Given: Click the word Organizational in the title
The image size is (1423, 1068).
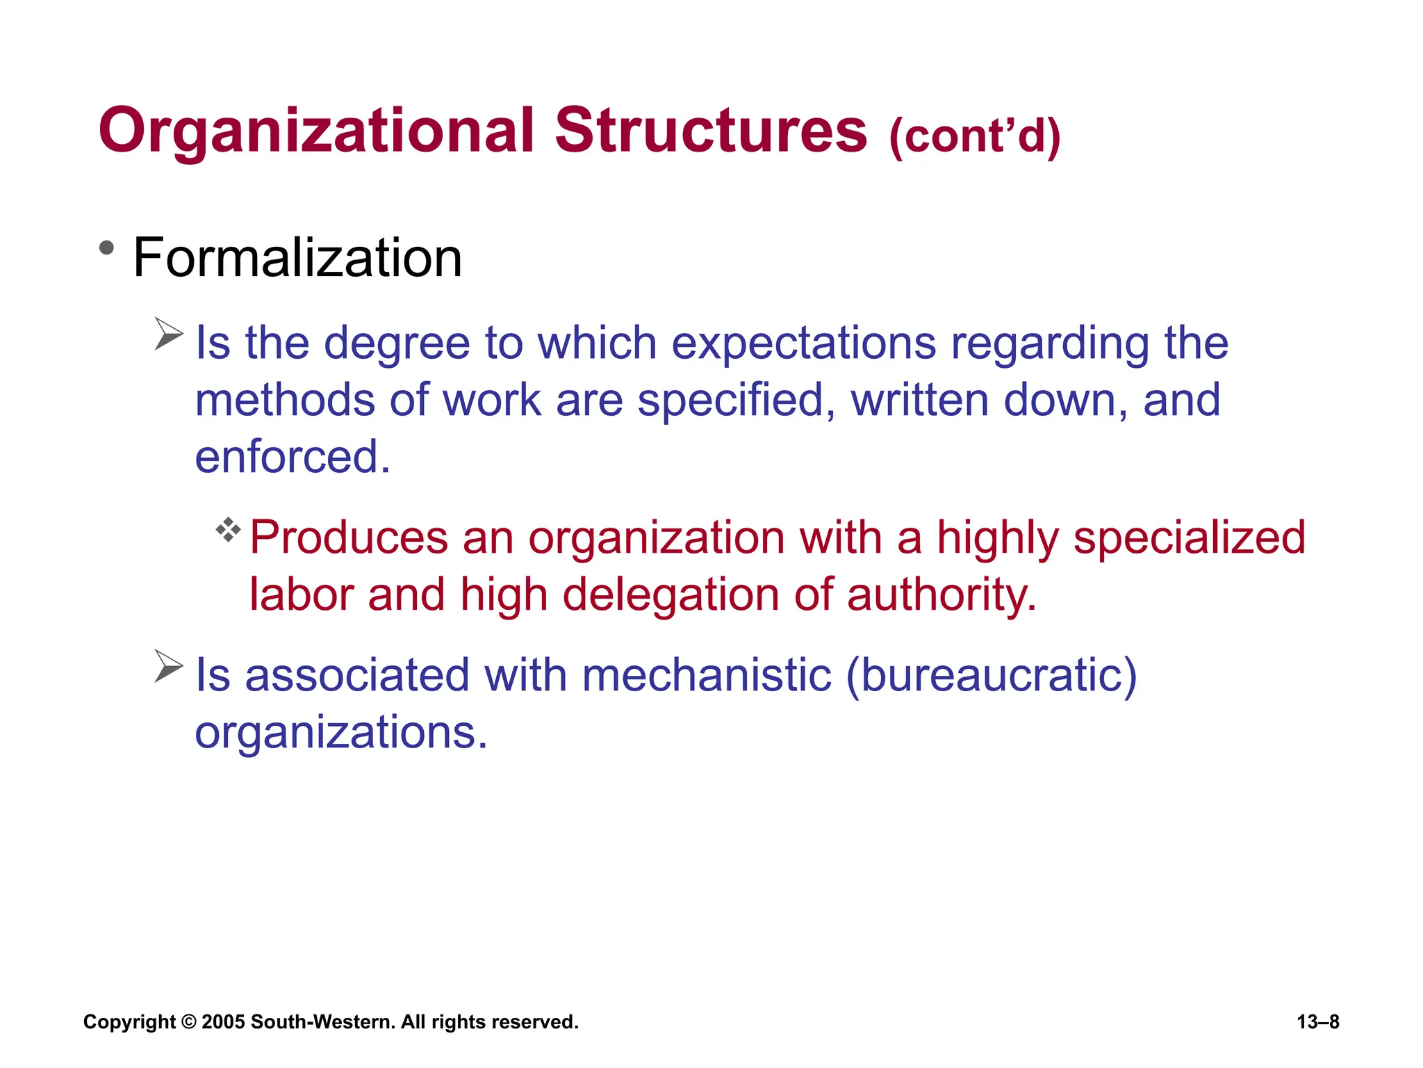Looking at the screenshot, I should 316,132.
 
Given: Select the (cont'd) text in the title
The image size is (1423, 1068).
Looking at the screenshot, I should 974,136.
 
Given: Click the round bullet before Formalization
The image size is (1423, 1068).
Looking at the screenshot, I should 106,248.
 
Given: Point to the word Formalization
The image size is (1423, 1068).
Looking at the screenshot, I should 297,258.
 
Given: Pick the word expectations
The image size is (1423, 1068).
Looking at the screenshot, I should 804,343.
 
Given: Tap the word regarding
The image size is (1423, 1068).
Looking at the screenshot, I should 1050,343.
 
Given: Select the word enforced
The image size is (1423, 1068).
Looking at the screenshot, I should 293,458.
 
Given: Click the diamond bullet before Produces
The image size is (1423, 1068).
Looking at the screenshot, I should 228,531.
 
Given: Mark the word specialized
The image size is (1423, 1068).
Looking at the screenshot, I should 1189,539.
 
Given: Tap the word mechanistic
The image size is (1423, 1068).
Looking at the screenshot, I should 707,675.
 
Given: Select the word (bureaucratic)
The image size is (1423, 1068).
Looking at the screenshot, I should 991,676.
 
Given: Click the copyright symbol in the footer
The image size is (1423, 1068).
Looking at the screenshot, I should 188,1022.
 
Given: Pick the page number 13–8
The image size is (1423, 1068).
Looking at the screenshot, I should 1317,1022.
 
